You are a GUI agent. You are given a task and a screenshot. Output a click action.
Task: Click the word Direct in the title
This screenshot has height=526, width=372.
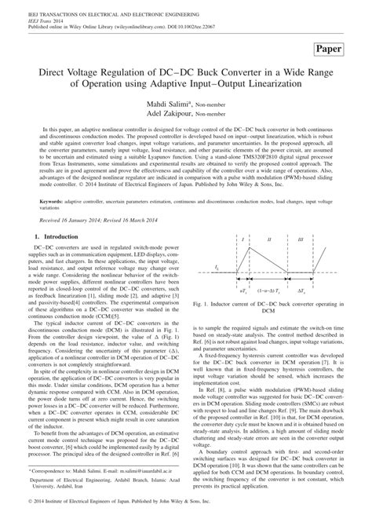coord(46,71)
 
